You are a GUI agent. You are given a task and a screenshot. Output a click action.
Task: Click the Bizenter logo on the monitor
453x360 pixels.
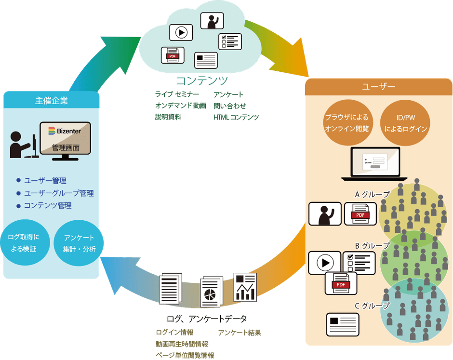coord(65,131)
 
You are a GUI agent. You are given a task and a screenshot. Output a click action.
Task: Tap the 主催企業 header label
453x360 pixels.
coord(52,101)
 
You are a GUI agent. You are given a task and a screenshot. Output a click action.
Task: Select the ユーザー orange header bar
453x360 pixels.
coord(378,87)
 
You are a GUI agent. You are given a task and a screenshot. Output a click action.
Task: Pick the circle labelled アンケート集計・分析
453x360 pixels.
coord(79,243)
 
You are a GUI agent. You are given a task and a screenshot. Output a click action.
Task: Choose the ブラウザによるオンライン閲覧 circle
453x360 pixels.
coord(346,123)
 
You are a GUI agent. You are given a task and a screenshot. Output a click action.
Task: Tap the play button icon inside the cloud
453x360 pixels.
coord(181,32)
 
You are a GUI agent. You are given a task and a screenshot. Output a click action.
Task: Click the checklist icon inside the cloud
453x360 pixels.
coord(230,41)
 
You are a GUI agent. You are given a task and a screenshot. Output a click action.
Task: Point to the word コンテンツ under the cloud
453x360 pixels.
coord(201,80)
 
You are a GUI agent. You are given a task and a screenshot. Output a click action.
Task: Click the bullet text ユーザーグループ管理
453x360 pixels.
coord(59,193)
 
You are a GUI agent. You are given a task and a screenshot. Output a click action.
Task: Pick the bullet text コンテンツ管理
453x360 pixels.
coord(48,206)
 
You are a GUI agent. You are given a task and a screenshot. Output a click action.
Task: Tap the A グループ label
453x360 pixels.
coord(372,195)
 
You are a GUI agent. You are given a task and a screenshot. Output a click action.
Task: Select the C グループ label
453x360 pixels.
coord(372,306)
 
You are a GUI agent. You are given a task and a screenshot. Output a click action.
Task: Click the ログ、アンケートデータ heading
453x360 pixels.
coord(206,319)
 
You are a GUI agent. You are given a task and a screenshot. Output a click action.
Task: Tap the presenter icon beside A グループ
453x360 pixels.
coord(325,214)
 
